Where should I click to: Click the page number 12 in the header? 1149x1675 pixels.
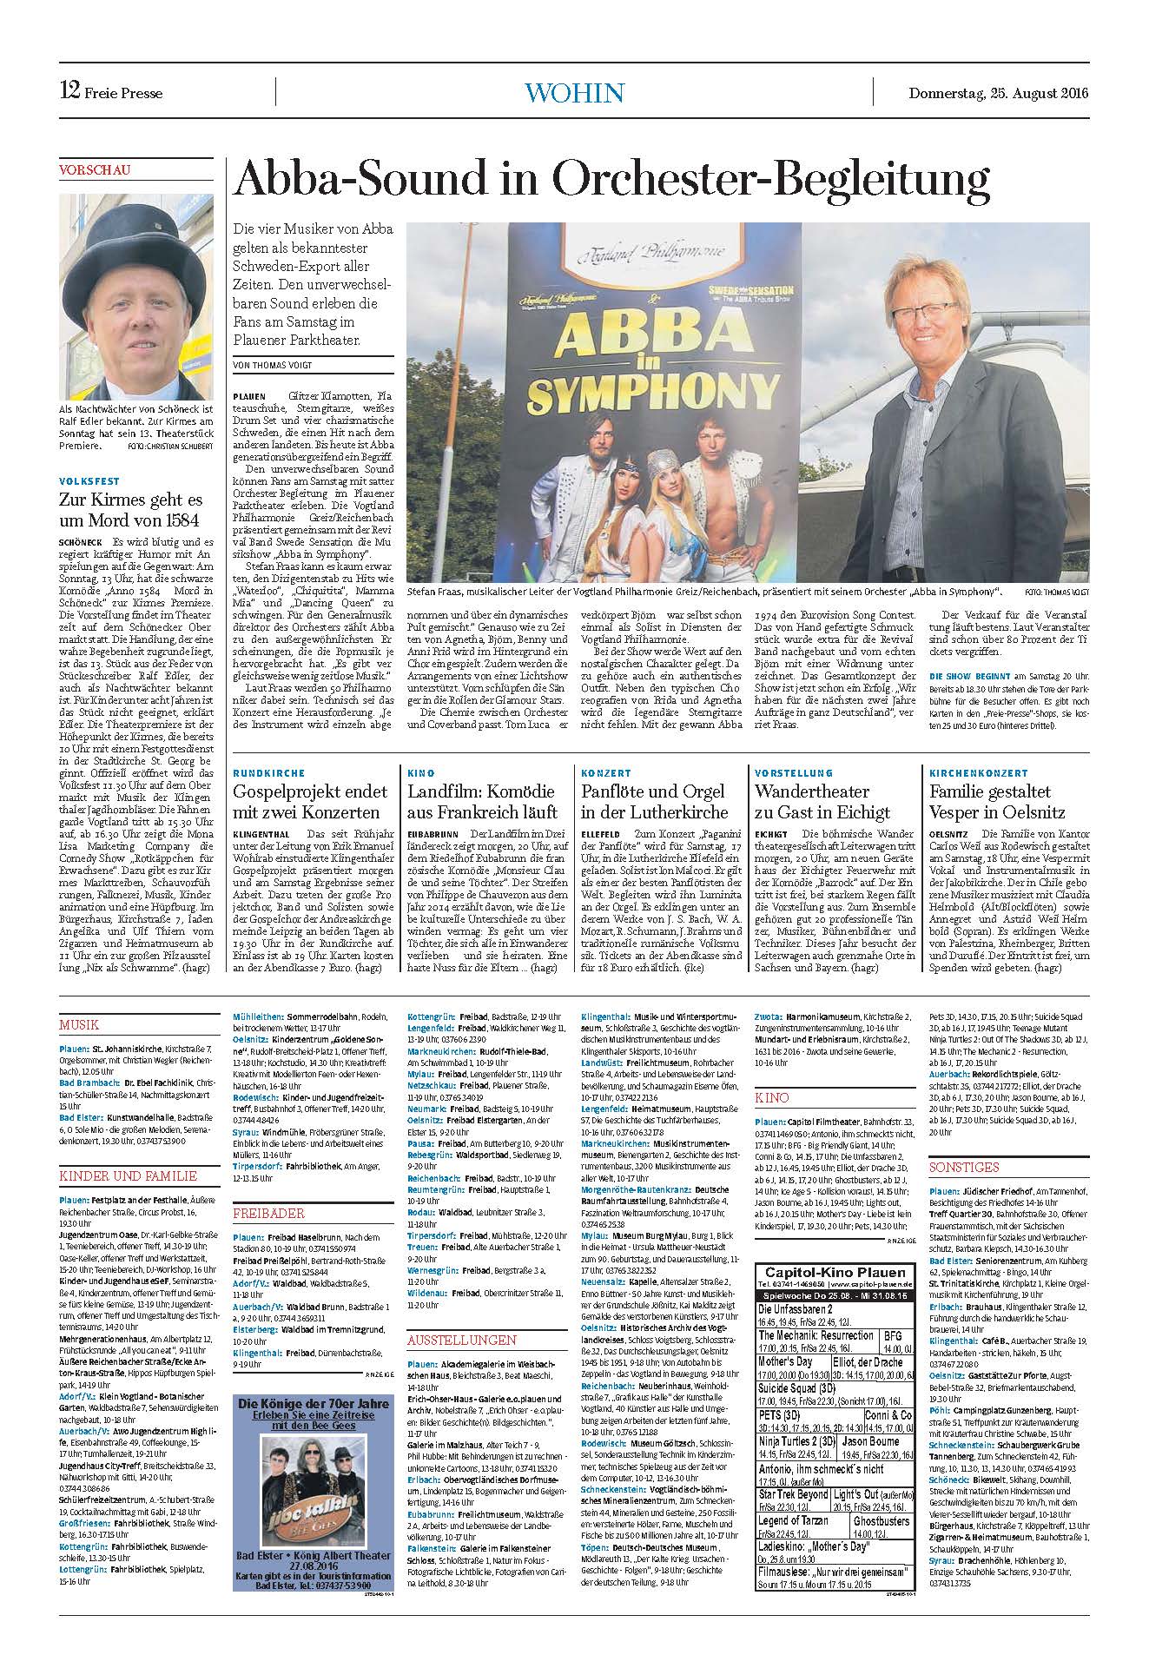[x=69, y=90]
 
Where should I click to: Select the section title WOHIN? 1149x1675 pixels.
[x=574, y=92]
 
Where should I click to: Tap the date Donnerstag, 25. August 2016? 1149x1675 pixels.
[x=999, y=93]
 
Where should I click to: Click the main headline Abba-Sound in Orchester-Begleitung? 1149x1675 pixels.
[x=611, y=182]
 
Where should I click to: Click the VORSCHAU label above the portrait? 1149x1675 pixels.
[x=95, y=170]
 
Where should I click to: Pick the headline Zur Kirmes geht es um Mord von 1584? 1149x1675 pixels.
[x=130, y=510]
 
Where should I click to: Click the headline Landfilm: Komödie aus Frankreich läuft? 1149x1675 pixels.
[x=483, y=802]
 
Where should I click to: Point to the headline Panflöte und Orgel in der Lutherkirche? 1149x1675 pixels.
[x=655, y=802]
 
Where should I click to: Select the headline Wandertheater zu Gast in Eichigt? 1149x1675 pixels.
[x=822, y=802]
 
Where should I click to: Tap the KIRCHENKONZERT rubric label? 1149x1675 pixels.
[x=978, y=772]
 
